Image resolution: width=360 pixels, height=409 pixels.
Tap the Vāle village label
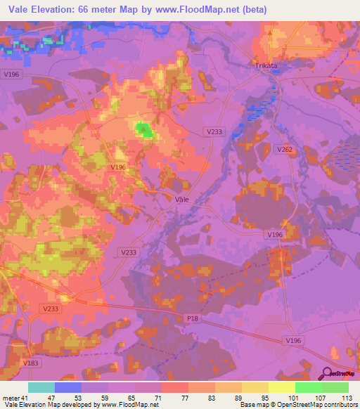point(181,199)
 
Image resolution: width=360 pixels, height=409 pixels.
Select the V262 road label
point(285,150)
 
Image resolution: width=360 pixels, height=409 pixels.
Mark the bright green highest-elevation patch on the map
point(143,129)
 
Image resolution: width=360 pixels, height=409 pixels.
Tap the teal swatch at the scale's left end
point(41,387)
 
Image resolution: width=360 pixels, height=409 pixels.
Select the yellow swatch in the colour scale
point(282,387)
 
